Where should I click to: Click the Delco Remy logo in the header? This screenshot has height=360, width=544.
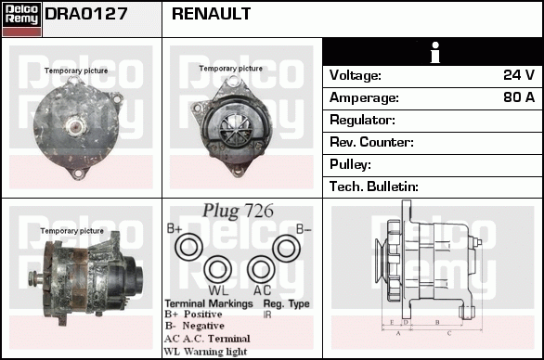(x=21, y=19)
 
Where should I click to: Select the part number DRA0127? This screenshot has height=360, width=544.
(x=86, y=14)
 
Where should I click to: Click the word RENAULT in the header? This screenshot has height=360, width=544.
(x=211, y=14)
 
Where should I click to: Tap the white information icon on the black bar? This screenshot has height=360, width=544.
(x=435, y=52)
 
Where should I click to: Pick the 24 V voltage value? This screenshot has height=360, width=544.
(x=519, y=75)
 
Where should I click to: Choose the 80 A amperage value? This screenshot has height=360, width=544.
(x=519, y=97)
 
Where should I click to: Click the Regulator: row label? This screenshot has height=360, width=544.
(x=362, y=120)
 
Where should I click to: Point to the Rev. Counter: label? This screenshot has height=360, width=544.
(x=371, y=142)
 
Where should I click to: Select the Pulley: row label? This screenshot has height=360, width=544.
(x=350, y=164)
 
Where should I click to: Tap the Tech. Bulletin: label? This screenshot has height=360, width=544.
(x=374, y=186)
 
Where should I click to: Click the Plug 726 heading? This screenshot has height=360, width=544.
(x=238, y=211)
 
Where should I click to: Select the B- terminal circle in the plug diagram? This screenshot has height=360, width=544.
(x=286, y=249)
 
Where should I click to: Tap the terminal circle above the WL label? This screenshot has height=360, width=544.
(x=217, y=269)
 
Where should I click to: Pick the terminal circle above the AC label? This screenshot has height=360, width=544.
(x=261, y=269)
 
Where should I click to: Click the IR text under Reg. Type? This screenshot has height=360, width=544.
(x=267, y=315)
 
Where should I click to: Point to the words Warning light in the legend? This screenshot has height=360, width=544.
(x=215, y=352)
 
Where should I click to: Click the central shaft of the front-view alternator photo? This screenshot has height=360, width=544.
(x=77, y=126)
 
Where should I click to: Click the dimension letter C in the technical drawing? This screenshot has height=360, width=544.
(x=449, y=334)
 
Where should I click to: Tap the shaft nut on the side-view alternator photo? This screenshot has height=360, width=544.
(x=32, y=277)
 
